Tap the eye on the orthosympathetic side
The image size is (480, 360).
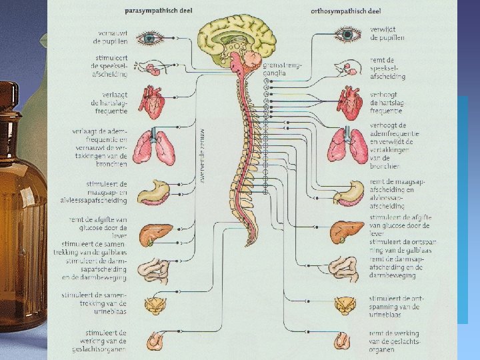point(348,34)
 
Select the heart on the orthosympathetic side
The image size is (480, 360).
point(349,101)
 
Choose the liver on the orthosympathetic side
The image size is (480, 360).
point(347,231)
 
